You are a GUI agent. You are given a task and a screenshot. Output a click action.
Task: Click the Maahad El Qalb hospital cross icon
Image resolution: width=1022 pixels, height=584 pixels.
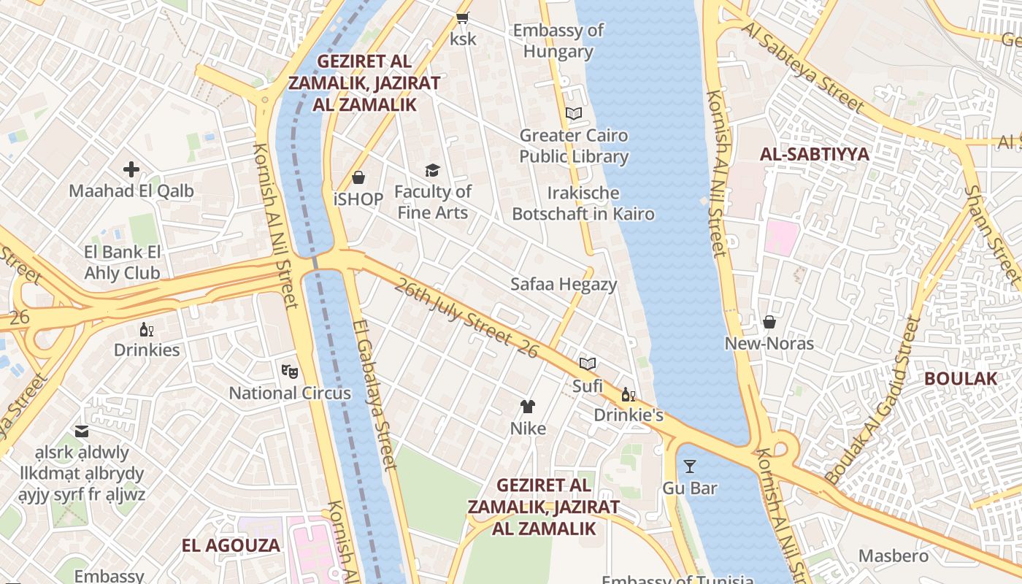[x=131, y=170]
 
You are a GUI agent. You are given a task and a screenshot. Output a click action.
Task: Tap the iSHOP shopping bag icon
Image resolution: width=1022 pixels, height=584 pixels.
[x=358, y=177]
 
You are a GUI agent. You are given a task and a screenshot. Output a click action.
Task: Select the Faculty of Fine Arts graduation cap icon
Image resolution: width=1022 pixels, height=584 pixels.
[x=433, y=171]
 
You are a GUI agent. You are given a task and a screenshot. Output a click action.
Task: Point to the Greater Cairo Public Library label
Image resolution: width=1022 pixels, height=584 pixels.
[x=574, y=146]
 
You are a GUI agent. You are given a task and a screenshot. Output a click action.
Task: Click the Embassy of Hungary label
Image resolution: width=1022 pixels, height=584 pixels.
[x=558, y=41]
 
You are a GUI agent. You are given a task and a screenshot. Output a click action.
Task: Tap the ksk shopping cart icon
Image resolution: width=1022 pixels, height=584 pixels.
[x=462, y=18]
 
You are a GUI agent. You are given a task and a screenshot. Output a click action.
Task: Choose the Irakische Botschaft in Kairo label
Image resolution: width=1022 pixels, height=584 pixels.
[x=583, y=204]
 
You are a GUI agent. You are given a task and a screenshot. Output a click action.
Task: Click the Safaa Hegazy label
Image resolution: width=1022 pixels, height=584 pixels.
[x=564, y=284]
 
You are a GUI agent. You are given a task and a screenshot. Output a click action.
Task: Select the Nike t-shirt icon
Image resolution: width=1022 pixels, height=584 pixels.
[x=528, y=407]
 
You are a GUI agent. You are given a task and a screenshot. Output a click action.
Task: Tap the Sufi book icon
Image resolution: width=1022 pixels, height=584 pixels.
[x=587, y=364]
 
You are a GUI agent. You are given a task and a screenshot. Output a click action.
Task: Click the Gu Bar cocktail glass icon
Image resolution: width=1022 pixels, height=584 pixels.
[x=690, y=466]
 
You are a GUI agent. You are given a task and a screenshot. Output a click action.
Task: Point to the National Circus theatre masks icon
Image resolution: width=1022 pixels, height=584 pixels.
[x=290, y=371]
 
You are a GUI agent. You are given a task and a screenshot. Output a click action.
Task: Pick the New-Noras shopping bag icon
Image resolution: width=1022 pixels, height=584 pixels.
[x=769, y=322]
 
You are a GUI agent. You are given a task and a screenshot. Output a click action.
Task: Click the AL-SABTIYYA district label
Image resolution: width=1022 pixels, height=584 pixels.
[x=815, y=154]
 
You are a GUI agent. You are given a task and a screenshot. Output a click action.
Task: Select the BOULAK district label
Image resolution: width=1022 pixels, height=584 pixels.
[x=960, y=378]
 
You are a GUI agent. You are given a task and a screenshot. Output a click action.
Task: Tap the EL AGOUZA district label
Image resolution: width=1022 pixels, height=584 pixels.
[x=231, y=545]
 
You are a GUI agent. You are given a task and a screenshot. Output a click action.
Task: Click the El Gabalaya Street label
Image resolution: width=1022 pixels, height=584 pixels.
[x=374, y=394]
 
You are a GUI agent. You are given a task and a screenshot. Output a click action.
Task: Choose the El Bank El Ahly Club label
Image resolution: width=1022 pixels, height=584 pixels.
[x=122, y=263]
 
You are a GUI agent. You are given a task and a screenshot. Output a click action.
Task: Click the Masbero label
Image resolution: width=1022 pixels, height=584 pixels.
[x=894, y=556]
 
